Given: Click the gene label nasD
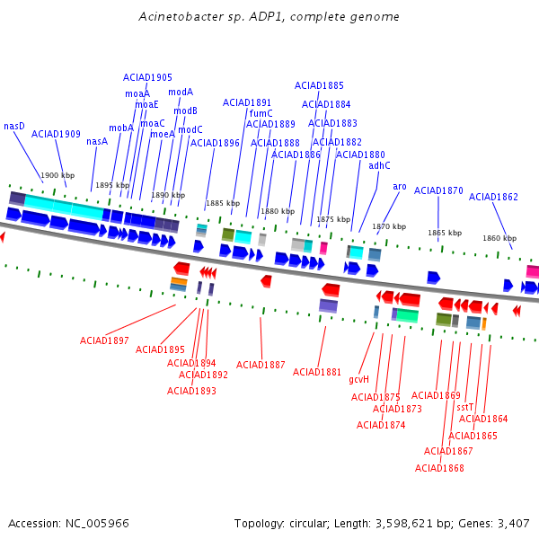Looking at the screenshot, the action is coord(14,126).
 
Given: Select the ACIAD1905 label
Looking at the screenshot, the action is coord(147,77).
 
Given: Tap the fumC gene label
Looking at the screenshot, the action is coord(261,113).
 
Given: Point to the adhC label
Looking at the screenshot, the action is coord(379,165).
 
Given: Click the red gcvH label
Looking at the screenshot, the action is coord(358,379).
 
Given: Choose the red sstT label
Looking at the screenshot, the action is coord(464,407).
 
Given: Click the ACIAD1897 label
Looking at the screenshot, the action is coord(104,340).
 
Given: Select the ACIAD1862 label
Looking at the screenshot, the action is coord(493,197).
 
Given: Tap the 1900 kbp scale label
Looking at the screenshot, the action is coord(57,175).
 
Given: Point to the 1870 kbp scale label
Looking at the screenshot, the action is coord(389,226).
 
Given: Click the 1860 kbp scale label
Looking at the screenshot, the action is coord(499,238).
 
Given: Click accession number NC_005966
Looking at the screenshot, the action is coord(97,524).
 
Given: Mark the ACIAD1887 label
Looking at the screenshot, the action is coord(261,365).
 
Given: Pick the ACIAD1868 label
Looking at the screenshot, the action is coord(439,468).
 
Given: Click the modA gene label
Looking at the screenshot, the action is coord(181,93).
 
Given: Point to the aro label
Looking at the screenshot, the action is coord(400,187).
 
